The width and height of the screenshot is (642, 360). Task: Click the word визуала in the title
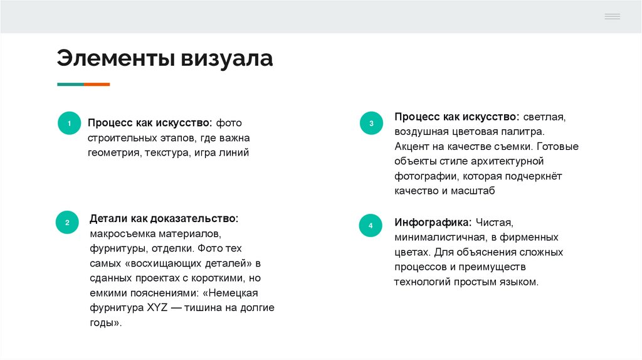pyautogui.click(x=228, y=58)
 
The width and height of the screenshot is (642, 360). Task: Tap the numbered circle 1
pyautogui.click(x=69, y=124)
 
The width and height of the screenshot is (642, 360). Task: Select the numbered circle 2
pyautogui.click(x=68, y=222)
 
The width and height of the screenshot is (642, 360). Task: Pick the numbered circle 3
pyautogui.click(x=371, y=123)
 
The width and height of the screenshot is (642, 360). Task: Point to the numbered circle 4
pyautogui.click(x=371, y=225)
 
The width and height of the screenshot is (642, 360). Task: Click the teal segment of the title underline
pyautogui.click(x=70, y=84)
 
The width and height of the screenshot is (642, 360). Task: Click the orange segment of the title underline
pyautogui.click(x=97, y=84)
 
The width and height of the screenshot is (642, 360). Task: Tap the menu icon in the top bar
pyautogui.click(x=612, y=16)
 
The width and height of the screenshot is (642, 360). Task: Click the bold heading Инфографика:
pyautogui.click(x=433, y=223)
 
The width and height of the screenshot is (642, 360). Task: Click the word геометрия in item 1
pyautogui.click(x=114, y=152)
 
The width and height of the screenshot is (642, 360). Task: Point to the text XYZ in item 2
pyautogui.click(x=154, y=308)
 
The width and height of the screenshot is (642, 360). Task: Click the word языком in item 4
pyautogui.click(x=518, y=282)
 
